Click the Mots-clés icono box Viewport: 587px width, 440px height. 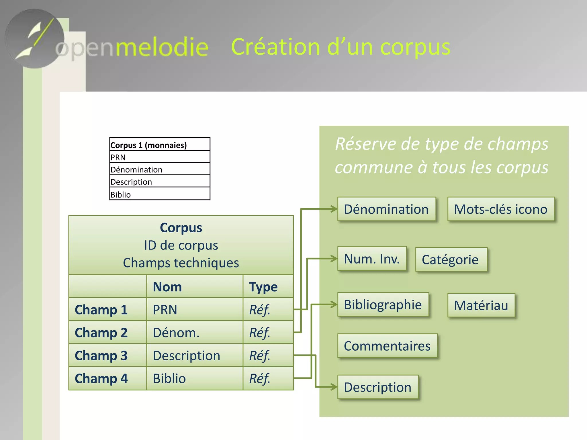click(501, 209)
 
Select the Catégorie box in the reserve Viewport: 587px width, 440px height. click(451, 260)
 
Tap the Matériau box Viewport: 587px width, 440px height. click(481, 305)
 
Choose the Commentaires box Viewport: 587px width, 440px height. click(387, 346)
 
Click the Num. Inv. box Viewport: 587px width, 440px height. click(372, 259)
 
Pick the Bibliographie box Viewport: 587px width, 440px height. click(383, 305)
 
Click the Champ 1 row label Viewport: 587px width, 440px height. click(101, 310)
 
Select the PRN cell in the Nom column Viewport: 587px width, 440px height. click(165, 310)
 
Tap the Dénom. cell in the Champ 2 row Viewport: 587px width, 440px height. click(176, 333)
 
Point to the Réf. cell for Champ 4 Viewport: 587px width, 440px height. click(260, 378)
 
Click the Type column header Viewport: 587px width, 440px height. click(263, 287)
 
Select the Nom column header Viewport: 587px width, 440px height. click(167, 287)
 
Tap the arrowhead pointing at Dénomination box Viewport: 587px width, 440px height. click(334, 209)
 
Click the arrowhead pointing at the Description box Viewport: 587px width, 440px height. click(334, 387)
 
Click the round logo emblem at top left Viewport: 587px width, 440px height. click(34, 39)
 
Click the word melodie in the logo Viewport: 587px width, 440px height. click(162, 47)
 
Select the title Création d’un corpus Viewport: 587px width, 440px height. click(341, 47)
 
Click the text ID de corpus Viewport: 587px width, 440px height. click(181, 245)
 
